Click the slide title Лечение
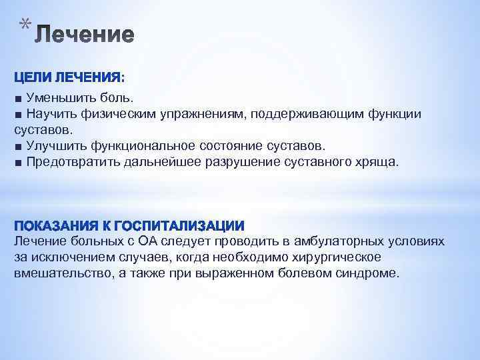click(85, 35)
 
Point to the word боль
click(118, 98)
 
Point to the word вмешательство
click(58, 273)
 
